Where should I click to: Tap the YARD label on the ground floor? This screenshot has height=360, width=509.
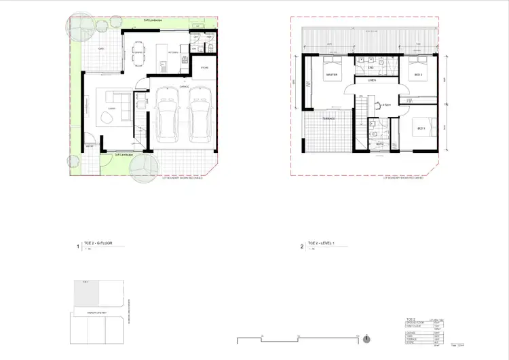(100, 50)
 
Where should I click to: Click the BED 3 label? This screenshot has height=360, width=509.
(421, 128)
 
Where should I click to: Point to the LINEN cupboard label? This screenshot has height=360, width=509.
(372, 81)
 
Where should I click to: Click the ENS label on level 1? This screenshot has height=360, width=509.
(371, 69)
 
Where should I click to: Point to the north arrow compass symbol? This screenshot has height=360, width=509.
(366, 338)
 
